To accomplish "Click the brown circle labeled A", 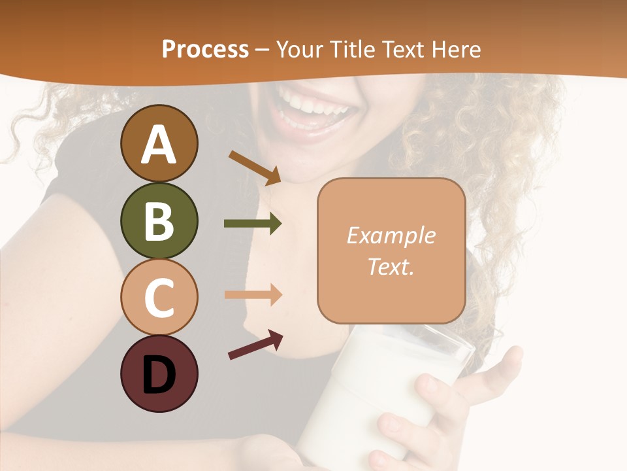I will click(x=159, y=143).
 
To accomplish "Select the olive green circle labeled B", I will click(x=159, y=220).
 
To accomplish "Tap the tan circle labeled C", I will click(x=159, y=297).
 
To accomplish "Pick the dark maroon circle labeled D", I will click(x=159, y=374).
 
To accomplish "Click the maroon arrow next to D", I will click(x=255, y=345).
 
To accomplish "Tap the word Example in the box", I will click(x=391, y=235).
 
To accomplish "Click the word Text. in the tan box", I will click(x=391, y=267).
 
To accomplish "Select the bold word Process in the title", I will click(x=205, y=49).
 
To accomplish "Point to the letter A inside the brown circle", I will click(x=159, y=145).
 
